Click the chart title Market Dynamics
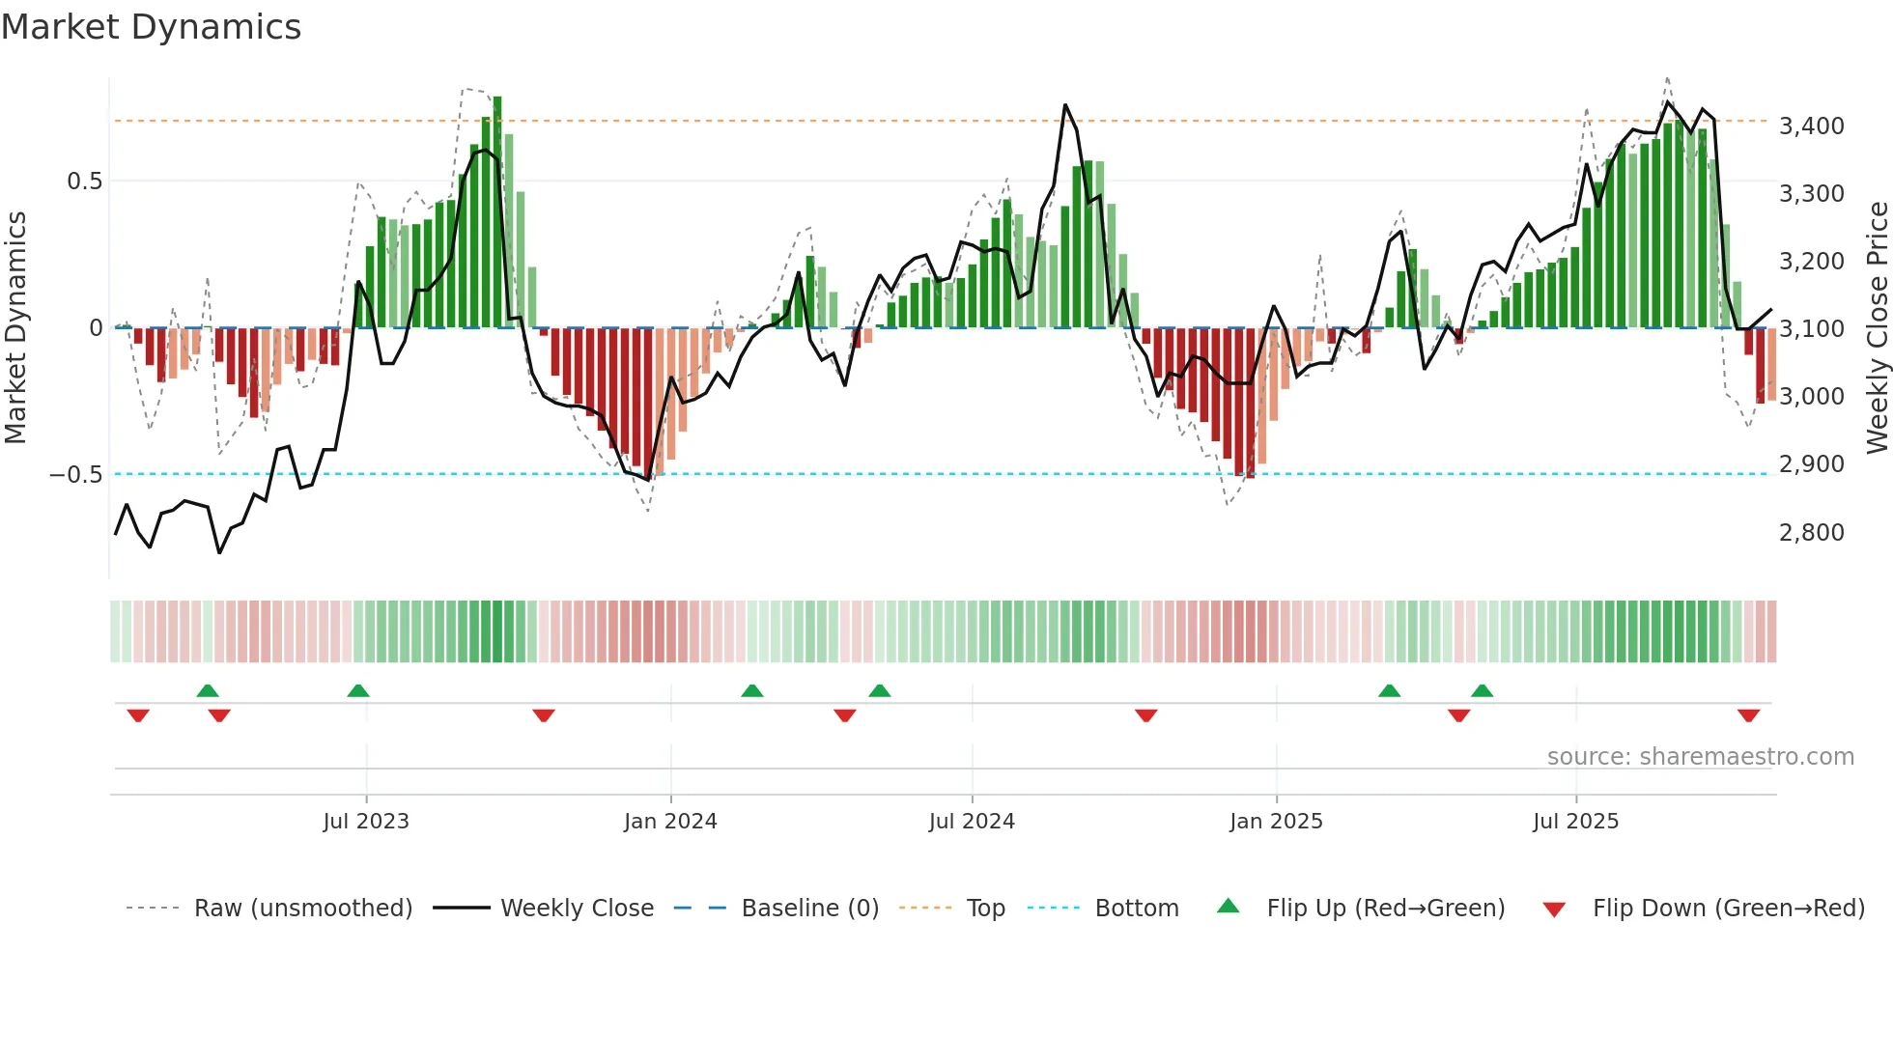pyautogui.click(x=151, y=27)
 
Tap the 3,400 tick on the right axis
pyautogui.click(x=1811, y=126)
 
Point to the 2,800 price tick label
pyautogui.click(x=1811, y=533)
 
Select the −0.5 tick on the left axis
pyautogui.click(x=75, y=475)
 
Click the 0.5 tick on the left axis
pyautogui.click(x=84, y=182)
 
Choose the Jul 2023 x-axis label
pyautogui.click(x=366, y=822)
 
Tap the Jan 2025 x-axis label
pyautogui.click(x=1276, y=822)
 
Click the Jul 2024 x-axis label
pyautogui.click(x=972, y=822)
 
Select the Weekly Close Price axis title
pyautogui.click(x=1877, y=328)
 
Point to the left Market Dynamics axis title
pyautogui.click(x=15, y=328)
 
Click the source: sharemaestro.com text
pyautogui.click(x=1700, y=757)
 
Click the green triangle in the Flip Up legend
pyautogui.click(x=1228, y=906)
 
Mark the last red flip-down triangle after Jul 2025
pyautogui.click(x=1748, y=715)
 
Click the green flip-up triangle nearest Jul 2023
pyautogui.click(x=358, y=690)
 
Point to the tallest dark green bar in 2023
pyautogui.click(x=497, y=212)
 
